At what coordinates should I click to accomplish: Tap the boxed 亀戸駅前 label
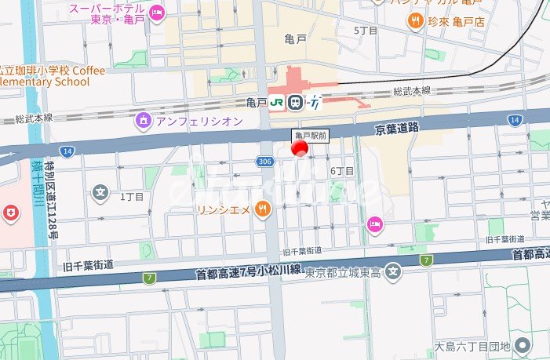point(310,136)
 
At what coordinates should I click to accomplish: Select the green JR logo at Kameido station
point(277,102)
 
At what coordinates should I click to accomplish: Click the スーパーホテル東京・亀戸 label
point(107,13)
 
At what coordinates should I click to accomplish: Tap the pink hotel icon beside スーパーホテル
point(157,13)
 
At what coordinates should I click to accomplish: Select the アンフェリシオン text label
point(199,121)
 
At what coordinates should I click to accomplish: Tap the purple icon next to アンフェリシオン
point(142,121)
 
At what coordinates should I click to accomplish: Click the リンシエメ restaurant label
point(223,209)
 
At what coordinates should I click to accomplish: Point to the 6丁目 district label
point(342,171)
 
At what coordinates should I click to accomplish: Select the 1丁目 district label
point(132,196)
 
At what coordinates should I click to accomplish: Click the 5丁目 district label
point(366,30)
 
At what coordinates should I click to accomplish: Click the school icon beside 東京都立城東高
point(394,273)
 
